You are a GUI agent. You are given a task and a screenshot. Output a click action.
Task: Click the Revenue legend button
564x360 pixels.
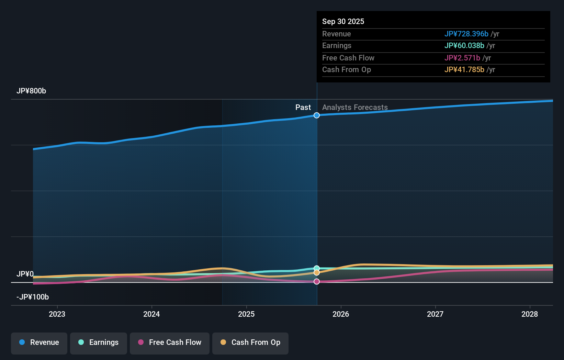[39, 342]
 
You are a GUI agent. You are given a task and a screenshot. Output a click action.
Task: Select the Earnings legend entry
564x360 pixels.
[99, 342]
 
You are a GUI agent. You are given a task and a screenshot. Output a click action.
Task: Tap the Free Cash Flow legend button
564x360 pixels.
[170, 342]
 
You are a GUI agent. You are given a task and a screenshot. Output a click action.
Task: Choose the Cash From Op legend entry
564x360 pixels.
[250, 342]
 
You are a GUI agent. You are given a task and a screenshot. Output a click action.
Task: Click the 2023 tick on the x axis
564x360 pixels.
[57, 314]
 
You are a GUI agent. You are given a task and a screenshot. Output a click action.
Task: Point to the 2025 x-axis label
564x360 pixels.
[246, 314]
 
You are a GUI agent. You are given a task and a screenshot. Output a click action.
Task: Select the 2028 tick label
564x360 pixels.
[530, 314]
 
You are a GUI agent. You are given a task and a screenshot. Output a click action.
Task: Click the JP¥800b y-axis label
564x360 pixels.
[31, 91]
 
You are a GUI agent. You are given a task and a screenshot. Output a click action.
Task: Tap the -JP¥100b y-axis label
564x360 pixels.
[33, 297]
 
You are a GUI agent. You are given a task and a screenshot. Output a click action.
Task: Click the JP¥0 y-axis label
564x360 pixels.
[25, 274]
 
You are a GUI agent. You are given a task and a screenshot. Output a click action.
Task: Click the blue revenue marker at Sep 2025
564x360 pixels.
[317, 115]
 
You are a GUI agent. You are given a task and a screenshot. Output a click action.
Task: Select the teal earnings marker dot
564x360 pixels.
[317, 268]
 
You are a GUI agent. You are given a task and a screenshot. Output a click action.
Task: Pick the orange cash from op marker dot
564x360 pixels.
[317, 273]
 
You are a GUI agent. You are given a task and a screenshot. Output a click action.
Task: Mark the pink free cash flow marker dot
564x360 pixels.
[317, 282]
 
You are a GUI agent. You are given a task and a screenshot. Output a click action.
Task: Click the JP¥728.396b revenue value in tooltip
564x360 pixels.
[466, 34]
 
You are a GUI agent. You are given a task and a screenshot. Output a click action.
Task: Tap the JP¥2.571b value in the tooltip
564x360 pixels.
[462, 58]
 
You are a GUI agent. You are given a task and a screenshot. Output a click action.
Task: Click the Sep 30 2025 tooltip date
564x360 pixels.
[343, 22]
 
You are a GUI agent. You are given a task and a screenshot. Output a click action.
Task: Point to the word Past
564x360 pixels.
[303, 108]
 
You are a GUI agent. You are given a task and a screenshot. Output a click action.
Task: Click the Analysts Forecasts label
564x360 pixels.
[355, 108]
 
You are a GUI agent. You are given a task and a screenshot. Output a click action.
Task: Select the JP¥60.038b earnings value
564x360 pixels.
[464, 46]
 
